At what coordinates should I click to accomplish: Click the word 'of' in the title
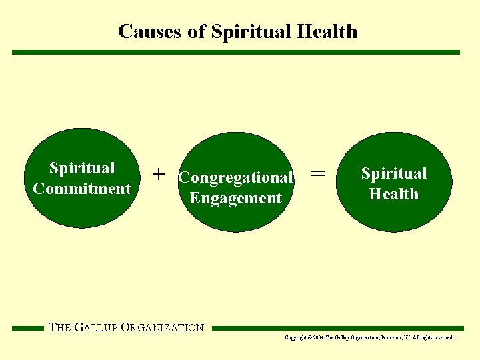click(x=197, y=31)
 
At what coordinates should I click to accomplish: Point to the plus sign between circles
click(x=158, y=174)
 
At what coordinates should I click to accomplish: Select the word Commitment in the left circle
click(x=82, y=189)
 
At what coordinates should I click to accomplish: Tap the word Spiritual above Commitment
click(x=82, y=168)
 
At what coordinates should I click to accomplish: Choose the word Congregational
click(x=236, y=178)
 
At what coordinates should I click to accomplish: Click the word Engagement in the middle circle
click(x=236, y=198)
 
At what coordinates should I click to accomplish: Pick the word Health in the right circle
click(x=394, y=194)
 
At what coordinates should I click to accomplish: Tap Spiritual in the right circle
click(x=394, y=173)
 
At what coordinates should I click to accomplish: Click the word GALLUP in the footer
click(x=97, y=327)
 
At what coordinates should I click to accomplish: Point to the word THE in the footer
click(x=60, y=327)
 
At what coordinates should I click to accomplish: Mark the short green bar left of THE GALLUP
click(x=27, y=328)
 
